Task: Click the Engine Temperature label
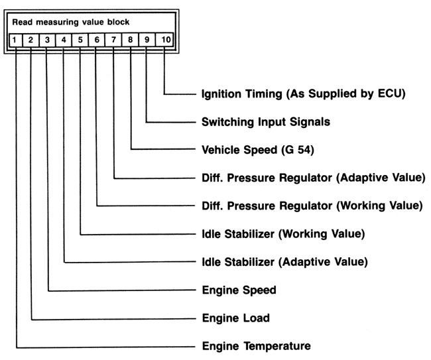pos(255,346)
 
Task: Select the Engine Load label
pos(235,318)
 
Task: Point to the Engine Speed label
pos(238,290)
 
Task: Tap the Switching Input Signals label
pos(265,122)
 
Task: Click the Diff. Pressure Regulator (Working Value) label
pos(311,206)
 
